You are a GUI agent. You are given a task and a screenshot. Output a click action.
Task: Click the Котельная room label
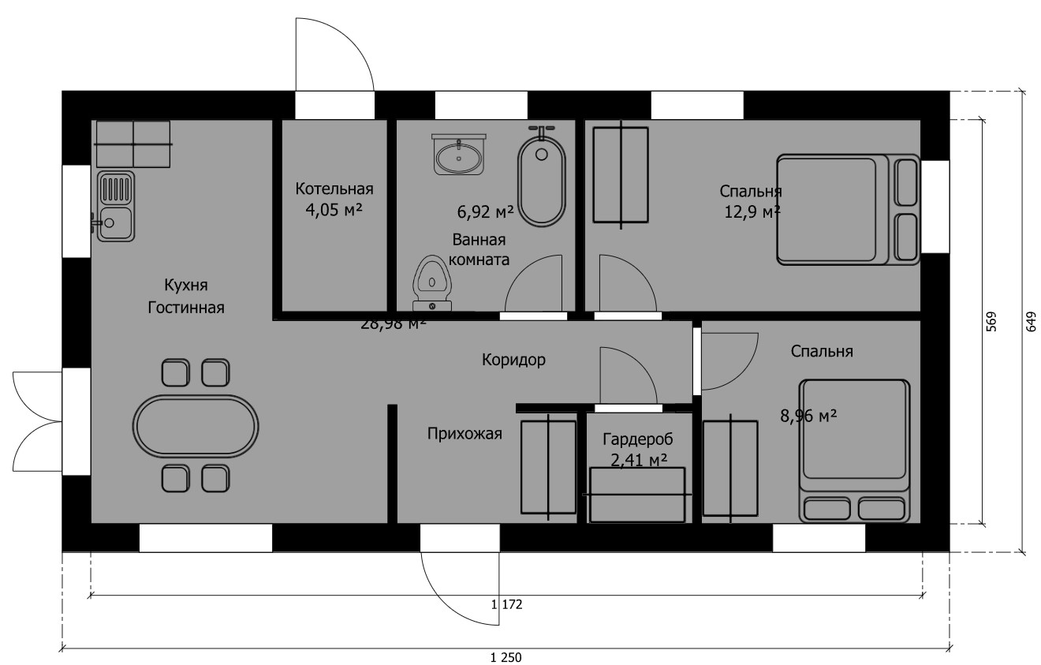334,189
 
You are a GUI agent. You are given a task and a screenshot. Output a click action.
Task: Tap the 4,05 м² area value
334,210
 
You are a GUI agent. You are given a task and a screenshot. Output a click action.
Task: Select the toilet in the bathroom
432,282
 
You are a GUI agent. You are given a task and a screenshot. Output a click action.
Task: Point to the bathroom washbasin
459,155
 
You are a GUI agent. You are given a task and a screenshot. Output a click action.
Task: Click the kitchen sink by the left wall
116,207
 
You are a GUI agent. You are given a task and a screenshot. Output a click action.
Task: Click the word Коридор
513,360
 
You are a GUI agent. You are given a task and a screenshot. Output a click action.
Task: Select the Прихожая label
465,434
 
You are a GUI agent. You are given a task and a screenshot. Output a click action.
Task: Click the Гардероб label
637,439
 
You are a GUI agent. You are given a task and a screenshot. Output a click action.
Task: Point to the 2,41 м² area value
639,460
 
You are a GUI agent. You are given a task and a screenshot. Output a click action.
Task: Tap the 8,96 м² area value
808,416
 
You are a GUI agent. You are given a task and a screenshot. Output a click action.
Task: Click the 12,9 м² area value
752,212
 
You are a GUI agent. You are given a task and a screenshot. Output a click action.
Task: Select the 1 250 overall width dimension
506,658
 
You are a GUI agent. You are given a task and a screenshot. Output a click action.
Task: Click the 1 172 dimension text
506,604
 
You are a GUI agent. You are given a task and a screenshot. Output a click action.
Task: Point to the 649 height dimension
1031,322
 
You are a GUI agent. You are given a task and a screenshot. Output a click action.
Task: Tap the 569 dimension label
991,322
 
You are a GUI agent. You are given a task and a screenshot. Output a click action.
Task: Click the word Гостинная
186,308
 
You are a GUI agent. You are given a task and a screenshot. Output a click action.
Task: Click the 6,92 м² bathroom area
486,212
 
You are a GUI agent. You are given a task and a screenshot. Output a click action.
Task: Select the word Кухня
186,285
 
